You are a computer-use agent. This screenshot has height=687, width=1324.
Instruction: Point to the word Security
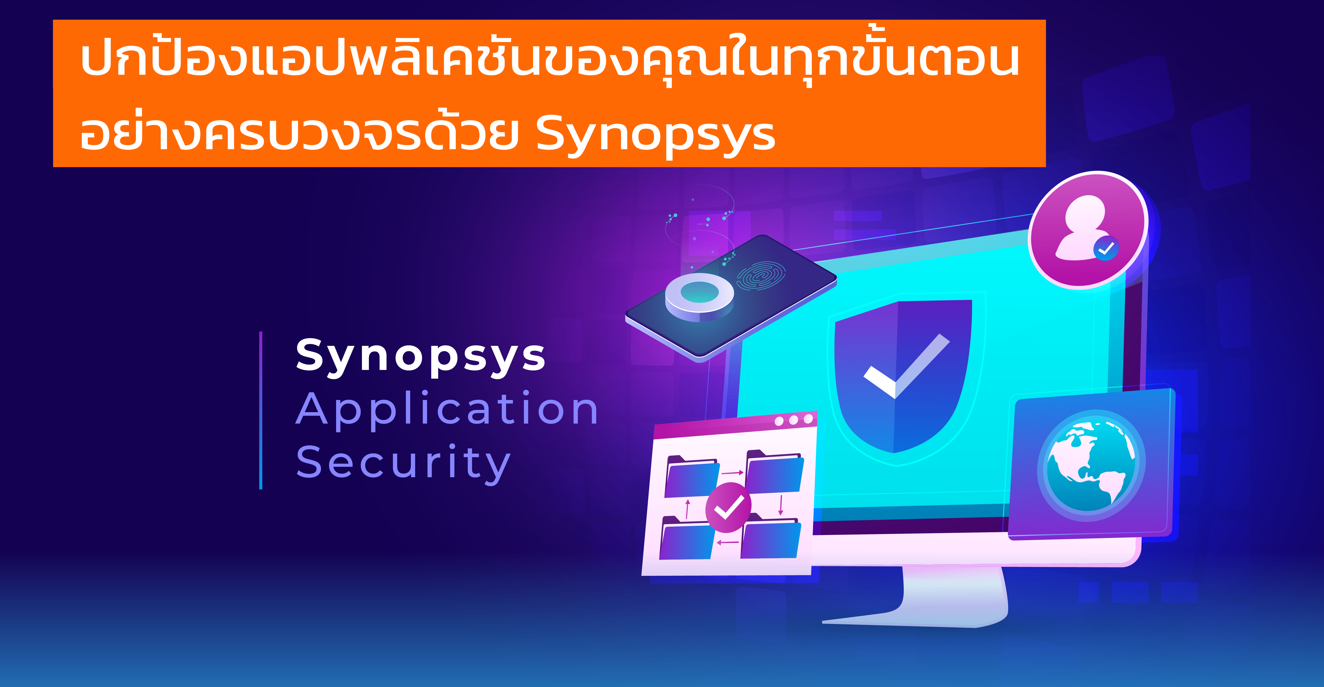tap(403, 464)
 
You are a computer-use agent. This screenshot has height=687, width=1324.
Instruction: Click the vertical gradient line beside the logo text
tap(261, 410)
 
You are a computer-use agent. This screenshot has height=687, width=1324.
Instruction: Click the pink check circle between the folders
tap(728, 508)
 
